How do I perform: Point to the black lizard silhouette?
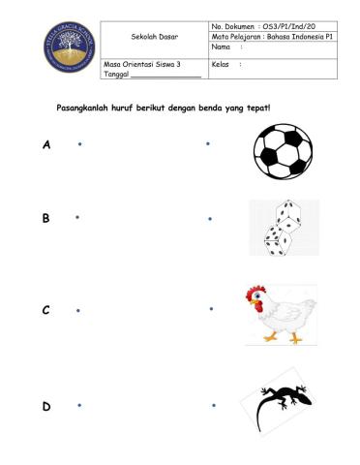point(282,404)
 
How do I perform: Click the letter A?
point(45,145)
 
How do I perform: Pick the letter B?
point(45,219)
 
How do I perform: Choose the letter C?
point(45,311)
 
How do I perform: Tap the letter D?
point(45,406)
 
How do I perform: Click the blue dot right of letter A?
point(78,144)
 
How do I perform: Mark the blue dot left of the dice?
point(210,219)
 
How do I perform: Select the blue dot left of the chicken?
point(210,309)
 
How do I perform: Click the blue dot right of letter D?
point(78,404)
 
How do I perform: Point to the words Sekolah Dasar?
point(152,37)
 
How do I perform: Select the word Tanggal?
point(116,74)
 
